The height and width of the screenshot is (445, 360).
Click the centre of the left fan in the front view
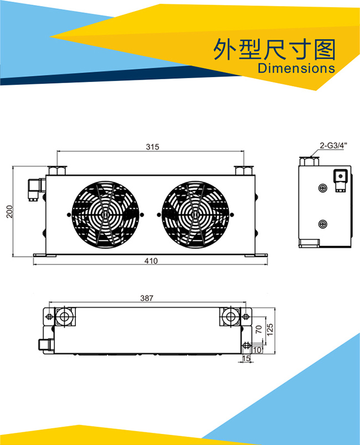106,215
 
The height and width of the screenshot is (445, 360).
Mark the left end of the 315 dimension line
57,151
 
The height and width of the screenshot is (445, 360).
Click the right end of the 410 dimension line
268,264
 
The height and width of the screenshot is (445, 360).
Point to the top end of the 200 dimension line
13,167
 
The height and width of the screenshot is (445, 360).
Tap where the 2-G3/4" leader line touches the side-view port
311,157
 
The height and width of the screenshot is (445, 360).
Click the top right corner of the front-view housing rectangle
255,175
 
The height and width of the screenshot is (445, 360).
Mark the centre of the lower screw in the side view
322,224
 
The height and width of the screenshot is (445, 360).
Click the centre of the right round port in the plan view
230,316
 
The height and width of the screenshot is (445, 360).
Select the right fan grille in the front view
196,215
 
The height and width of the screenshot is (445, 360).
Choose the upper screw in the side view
322,188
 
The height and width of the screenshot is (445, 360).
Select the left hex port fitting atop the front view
57,170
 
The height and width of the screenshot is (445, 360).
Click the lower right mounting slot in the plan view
246,345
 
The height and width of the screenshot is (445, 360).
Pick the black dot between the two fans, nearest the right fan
158,215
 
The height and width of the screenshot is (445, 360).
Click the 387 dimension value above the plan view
147,298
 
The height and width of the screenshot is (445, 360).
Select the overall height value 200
9,212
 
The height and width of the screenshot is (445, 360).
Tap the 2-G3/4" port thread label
333,146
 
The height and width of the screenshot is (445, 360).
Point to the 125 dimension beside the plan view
270,330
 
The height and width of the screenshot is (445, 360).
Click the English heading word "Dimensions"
296,68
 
